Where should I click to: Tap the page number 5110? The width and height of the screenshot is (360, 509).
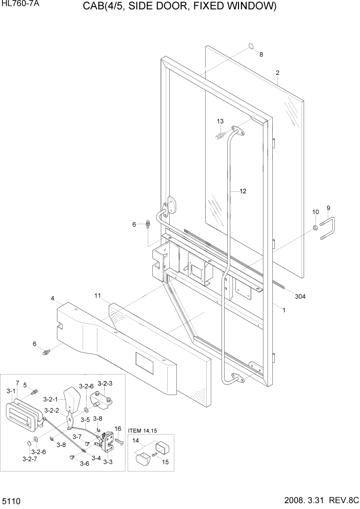coord(11,500)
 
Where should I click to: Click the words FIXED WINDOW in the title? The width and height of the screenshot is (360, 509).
coord(238,7)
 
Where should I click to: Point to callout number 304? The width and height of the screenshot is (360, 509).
coord(301,296)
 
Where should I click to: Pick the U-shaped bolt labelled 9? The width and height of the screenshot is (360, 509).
coord(328,228)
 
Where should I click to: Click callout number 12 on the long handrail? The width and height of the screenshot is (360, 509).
coord(243,191)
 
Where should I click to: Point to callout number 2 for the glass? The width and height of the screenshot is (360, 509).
coord(277,73)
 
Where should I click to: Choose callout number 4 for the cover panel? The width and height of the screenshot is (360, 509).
coord(53,298)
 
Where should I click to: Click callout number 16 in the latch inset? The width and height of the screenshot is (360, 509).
coord(117,428)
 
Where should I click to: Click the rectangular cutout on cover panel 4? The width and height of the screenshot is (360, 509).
coord(144,363)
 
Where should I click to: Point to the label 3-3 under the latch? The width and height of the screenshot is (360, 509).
coord(108,462)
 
